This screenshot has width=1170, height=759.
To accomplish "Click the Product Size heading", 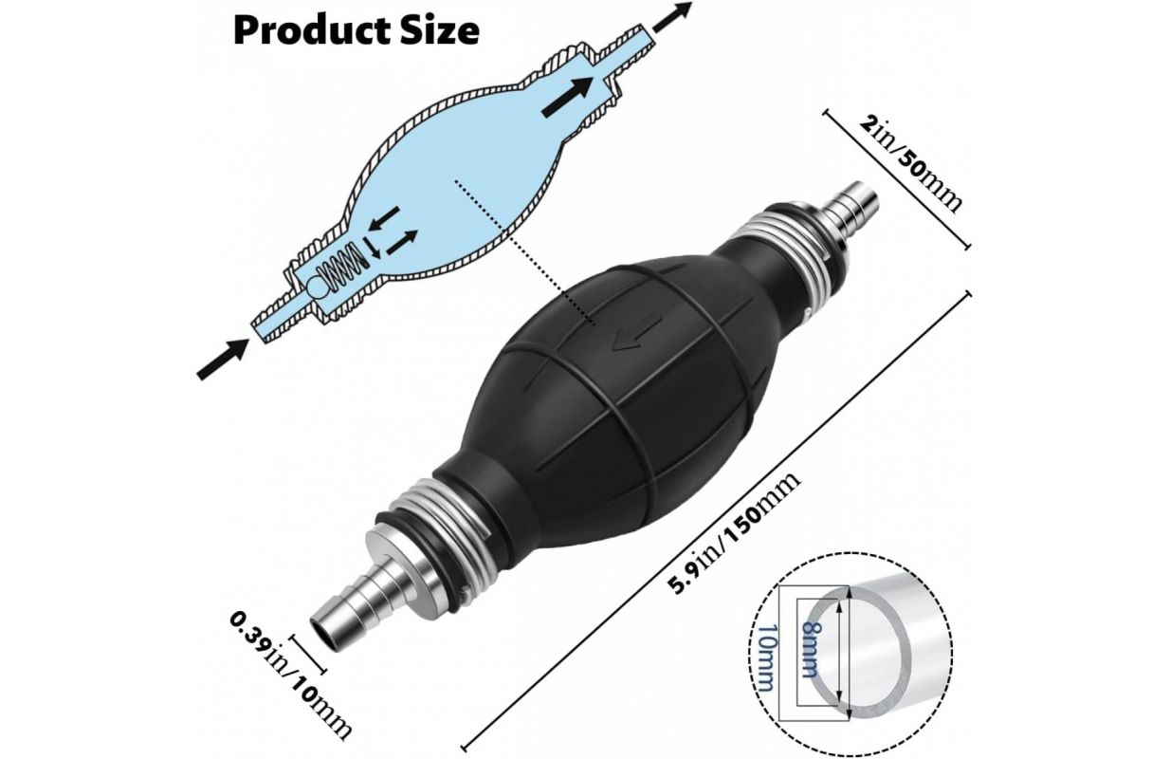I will click(356, 30).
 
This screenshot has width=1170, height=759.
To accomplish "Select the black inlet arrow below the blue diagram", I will click(221, 361).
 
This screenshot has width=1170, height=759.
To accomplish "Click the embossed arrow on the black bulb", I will click(626, 338).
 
